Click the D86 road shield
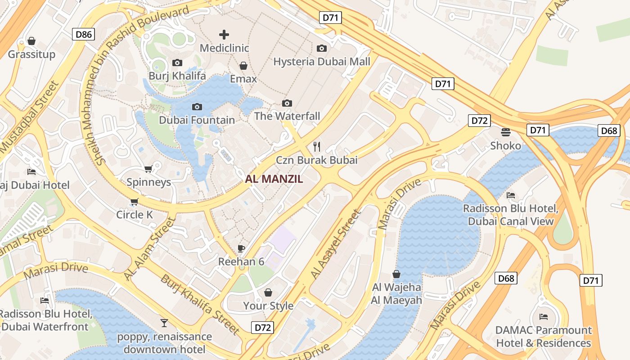point(84,34)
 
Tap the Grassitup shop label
point(31,54)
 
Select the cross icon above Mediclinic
point(224,35)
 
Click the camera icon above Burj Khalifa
point(177,63)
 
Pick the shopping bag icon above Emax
point(243,66)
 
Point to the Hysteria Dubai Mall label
point(322,62)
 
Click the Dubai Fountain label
point(197,120)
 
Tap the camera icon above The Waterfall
point(287,103)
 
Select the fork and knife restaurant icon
point(317,146)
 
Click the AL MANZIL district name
point(274,179)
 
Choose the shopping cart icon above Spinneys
point(148,169)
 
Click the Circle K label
point(135,215)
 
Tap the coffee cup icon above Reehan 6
point(241,248)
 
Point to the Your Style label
point(268,306)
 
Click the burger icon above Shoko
point(506,132)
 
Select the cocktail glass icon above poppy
point(164,323)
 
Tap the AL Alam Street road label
point(149,249)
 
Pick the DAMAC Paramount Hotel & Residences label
point(543,337)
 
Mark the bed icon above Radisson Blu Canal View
point(511,195)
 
